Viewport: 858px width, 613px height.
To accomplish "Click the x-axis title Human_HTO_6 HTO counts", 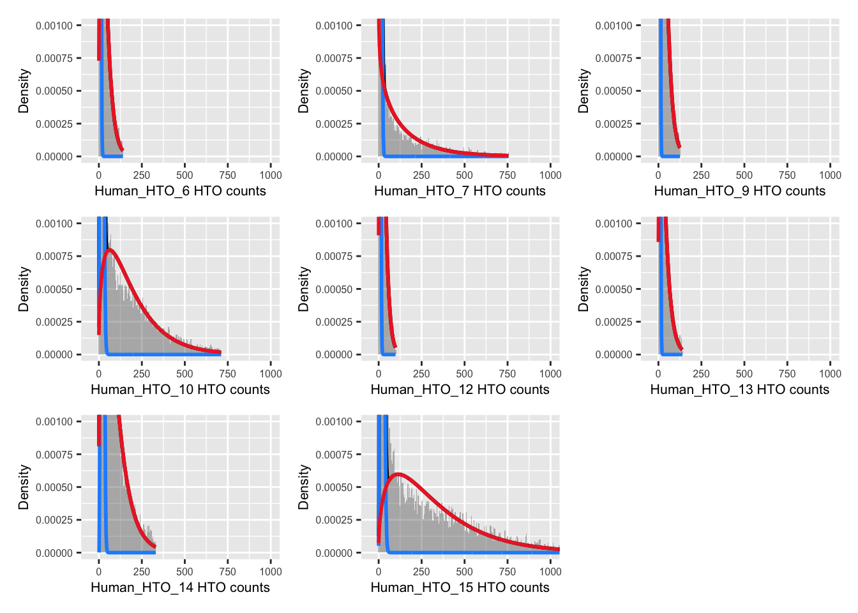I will coord(180,191).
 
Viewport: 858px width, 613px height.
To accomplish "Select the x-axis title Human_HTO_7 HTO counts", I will coord(460,191).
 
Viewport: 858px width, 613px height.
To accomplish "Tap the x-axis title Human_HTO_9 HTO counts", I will coord(739,191).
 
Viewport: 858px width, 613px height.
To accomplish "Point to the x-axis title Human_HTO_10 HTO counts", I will coord(180,390).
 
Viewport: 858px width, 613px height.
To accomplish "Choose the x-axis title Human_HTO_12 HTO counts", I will coord(460,390).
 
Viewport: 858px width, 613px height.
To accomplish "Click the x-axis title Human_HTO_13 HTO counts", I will coord(739,390).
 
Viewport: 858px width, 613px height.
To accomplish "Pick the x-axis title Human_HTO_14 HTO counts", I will coord(180,587).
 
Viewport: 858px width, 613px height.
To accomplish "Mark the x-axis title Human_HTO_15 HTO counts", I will coord(460,587).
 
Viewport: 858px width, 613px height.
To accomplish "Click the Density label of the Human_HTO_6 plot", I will coord(24,91).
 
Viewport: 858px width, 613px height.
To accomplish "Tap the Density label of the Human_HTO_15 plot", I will coord(304,487).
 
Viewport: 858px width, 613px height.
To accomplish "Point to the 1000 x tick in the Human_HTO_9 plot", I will coord(830,175).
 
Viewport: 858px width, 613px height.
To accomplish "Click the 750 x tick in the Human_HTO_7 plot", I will coord(508,175).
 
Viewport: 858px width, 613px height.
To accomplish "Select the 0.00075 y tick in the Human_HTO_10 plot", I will coord(54,256).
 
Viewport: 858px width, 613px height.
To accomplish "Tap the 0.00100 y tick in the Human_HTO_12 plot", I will coord(334,223).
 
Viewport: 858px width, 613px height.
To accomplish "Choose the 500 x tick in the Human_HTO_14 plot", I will coord(184,571).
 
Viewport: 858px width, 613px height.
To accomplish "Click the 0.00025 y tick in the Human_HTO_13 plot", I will coord(613,322).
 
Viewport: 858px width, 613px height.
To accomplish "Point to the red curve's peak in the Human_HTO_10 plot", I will coord(110,250).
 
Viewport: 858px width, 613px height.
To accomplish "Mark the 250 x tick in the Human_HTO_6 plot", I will coord(142,175).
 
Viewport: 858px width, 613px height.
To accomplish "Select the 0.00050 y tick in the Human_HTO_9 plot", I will coord(613,91).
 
